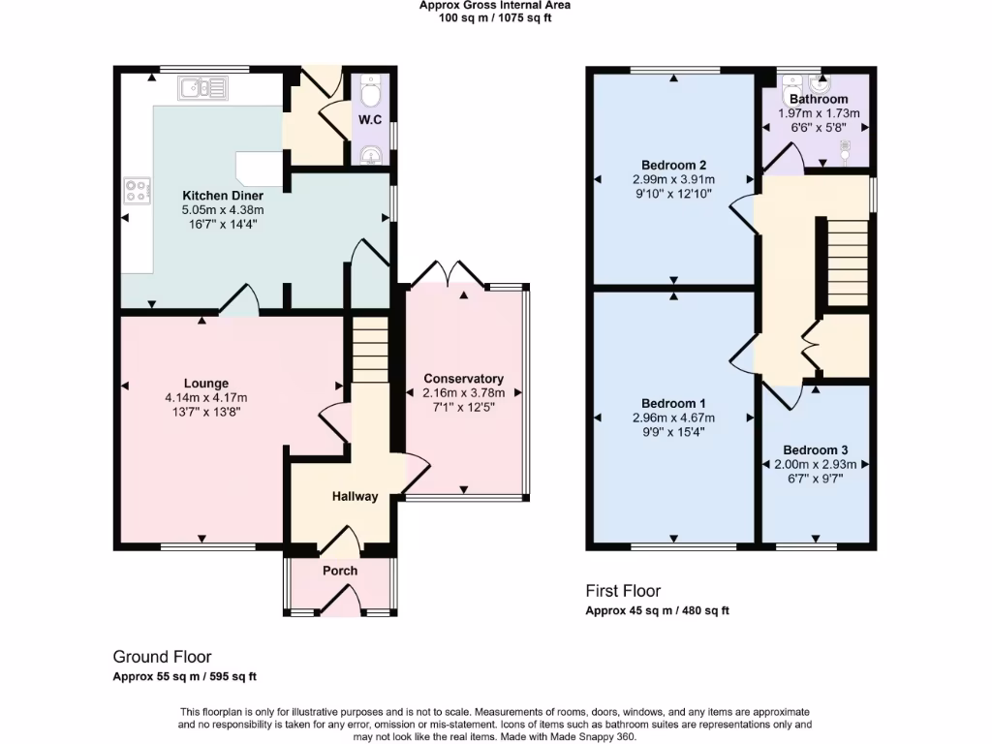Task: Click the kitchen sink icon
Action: pos(201,89)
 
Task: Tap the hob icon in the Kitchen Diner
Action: pos(135,190)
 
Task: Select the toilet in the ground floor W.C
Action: pos(369,95)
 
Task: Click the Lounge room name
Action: pos(205,383)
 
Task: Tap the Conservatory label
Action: pos(463,379)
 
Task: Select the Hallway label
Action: pos(355,497)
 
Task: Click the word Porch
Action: pos(339,571)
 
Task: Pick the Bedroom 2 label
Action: pos(673,165)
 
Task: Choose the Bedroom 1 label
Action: pos(673,403)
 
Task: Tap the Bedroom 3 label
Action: pos(815,450)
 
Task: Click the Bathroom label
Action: pos(819,99)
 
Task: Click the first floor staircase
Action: pos(846,251)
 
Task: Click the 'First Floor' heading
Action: pos(622,590)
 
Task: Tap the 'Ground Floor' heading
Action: pos(162,657)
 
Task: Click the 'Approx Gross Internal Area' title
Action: pos(494,5)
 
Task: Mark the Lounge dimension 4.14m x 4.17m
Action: pos(205,397)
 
